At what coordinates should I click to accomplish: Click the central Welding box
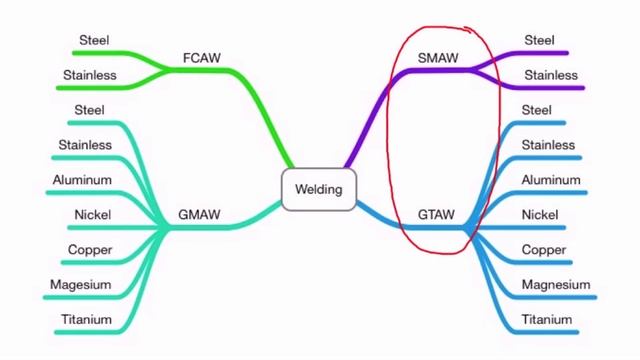[319, 189]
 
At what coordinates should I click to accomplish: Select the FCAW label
[201, 58]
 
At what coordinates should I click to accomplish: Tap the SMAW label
[437, 58]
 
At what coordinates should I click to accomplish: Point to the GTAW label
[436, 215]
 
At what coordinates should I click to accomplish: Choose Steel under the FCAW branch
[93, 40]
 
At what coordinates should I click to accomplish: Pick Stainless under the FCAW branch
[90, 74]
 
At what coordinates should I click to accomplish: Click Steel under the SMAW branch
[539, 40]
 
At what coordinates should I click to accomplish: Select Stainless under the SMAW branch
[551, 74]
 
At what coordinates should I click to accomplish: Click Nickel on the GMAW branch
[92, 215]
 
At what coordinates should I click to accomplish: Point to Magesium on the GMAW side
[81, 285]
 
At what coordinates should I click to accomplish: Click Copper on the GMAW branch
[90, 250]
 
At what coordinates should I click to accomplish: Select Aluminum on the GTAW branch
[550, 180]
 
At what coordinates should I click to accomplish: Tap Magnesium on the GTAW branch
[556, 285]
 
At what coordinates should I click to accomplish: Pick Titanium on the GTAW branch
[547, 320]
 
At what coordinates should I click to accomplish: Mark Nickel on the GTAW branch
[540, 215]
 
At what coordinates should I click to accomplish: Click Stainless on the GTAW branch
[548, 145]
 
